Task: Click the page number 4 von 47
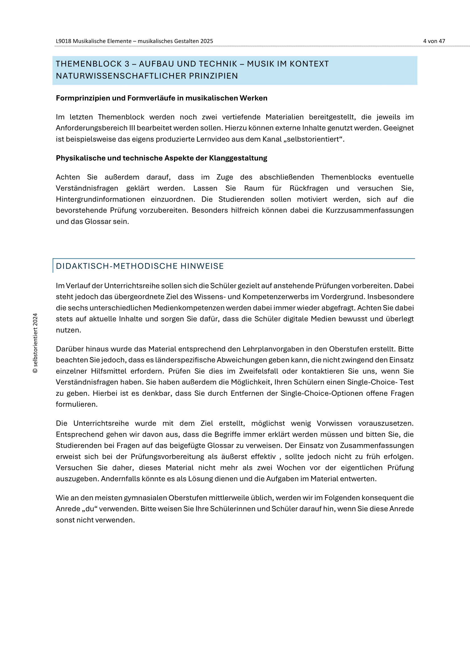pyautogui.click(x=434, y=41)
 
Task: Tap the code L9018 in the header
pyautogui.click(x=63, y=41)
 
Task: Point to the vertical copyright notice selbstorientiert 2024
pyautogui.click(x=35, y=343)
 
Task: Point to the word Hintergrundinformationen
pyautogui.click(x=100, y=199)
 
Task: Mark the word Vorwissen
pyautogui.click(x=334, y=423)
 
